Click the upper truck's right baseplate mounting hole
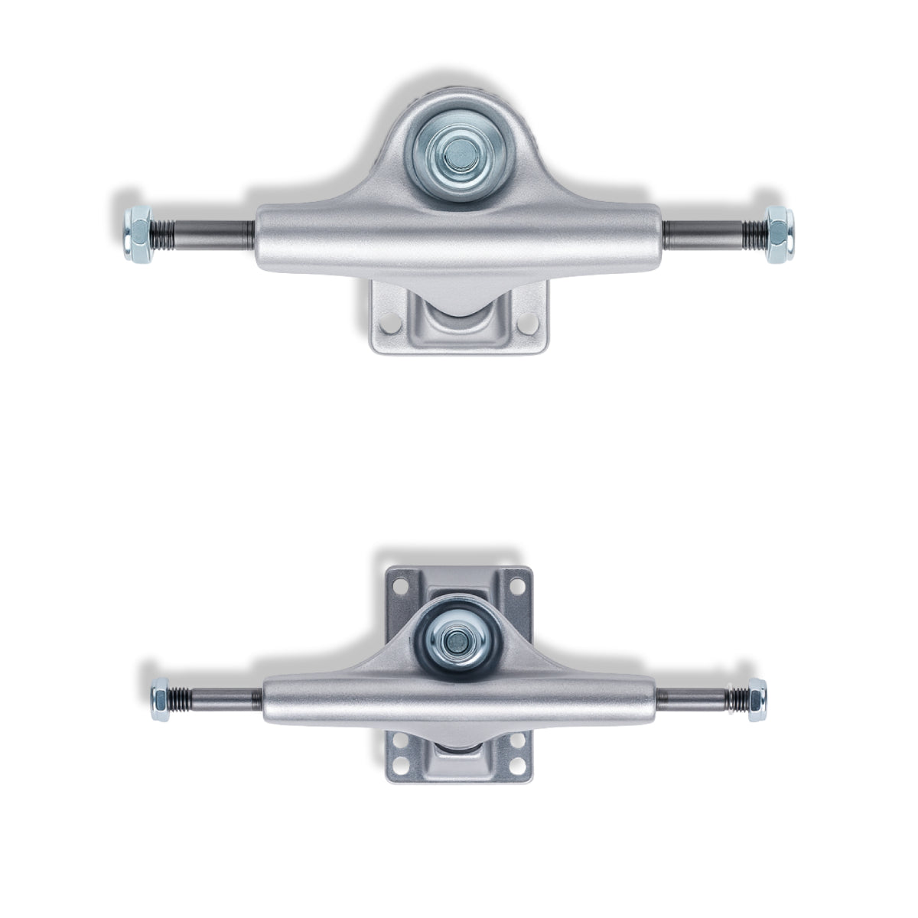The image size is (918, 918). pyautogui.click(x=525, y=324)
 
